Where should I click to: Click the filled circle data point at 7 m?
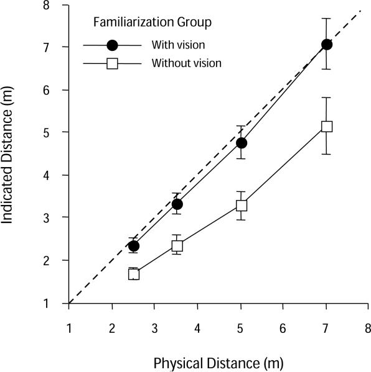(x=326, y=45)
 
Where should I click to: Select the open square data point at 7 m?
(x=326, y=127)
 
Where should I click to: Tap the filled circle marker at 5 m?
(x=241, y=143)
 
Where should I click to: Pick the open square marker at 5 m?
(x=241, y=205)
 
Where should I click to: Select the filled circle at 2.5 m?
(x=134, y=246)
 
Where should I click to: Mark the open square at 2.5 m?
(x=134, y=274)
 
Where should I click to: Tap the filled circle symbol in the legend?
(x=112, y=45)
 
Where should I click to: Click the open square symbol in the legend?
(x=112, y=63)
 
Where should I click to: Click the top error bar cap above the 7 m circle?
(x=326, y=19)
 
